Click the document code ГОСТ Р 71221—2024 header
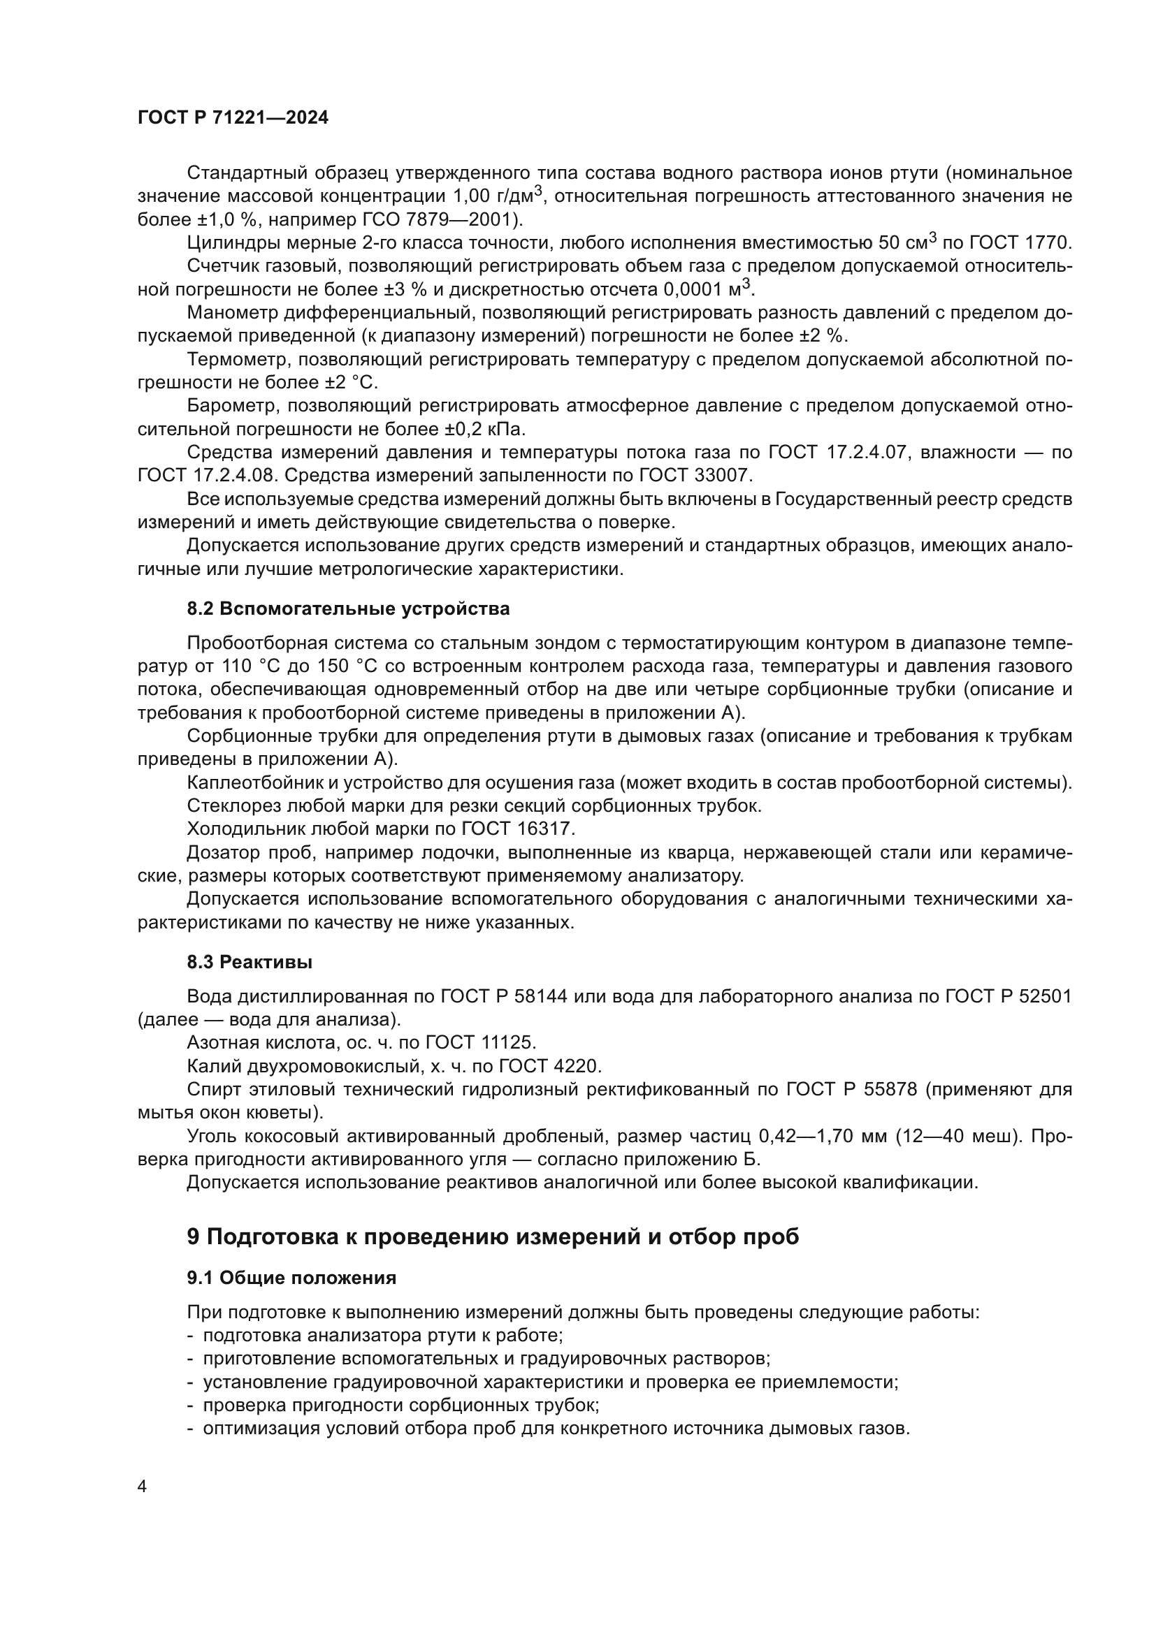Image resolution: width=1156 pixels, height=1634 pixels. [x=233, y=118]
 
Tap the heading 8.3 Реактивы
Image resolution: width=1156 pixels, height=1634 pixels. [x=249, y=962]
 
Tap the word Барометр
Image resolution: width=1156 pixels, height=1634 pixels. [x=231, y=407]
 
